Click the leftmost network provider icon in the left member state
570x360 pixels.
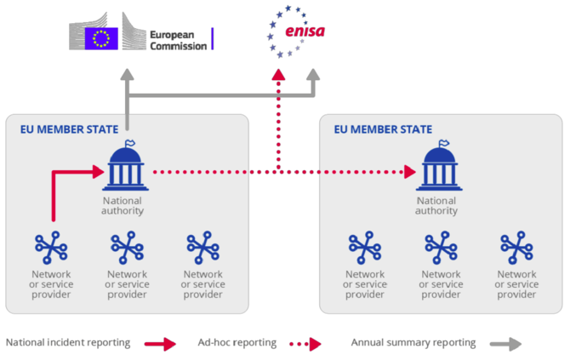tap(52, 247)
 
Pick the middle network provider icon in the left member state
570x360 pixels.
tap(128, 247)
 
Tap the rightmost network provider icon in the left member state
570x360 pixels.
tap(203, 247)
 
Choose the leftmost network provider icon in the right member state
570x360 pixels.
tap(365, 247)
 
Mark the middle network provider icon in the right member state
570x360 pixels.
tap(442, 247)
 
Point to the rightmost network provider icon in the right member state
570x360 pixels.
tap(517, 247)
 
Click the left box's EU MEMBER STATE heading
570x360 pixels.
tap(69, 129)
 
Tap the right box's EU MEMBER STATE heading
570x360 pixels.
tap(383, 129)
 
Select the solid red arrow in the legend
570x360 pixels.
tap(160, 344)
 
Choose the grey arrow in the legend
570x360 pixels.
tap(504, 344)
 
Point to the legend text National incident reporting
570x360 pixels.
tap(68, 343)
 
